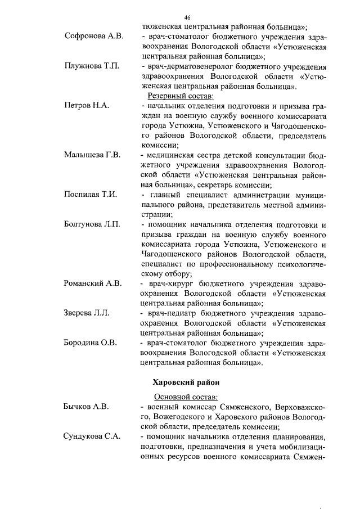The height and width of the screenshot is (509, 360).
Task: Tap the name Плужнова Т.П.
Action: click(x=92, y=67)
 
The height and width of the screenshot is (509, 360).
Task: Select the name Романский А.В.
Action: click(x=93, y=283)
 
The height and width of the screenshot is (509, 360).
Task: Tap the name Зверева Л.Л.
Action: click(x=87, y=313)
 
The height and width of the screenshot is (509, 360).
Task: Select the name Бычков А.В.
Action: click(x=86, y=406)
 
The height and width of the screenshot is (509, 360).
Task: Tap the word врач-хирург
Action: click(x=170, y=283)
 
